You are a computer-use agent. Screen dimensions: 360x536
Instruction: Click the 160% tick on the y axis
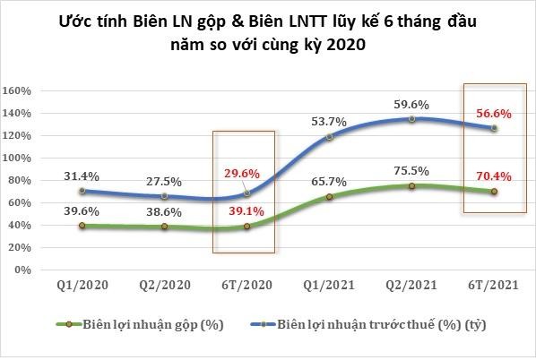pos(18,90)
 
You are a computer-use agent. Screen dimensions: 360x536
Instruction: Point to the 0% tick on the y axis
pos(23,270)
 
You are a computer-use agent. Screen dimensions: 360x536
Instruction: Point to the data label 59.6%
pos(411,104)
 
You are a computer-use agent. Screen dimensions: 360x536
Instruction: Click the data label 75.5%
pos(411,170)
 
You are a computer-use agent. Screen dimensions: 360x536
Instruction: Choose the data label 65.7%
pos(330,181)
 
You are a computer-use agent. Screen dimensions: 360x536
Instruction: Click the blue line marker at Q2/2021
pos(411,119)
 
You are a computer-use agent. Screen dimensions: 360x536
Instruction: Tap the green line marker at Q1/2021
pos(330,196)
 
